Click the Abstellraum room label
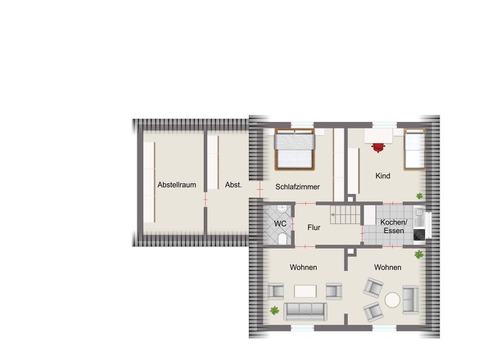pyautogui.click(x=177, y=185)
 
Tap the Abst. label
pyautogui.click(x=233, y=185)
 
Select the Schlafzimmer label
pyautogui.click(x=297, y=187)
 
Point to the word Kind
pyautogui.click(x=382, y=176)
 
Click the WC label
pyautogui.click(x=280, y=223)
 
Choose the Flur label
pyautogui.click(x=314, y=227)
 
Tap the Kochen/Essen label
pyautogui.click(x=394, y=227)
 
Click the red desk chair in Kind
pyautogui.click(x=378, y=147)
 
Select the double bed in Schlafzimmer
pyautogui.click(x=295, y=150)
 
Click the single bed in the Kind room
pyautogui.click(x=414, y=150)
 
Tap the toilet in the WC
pyautogui.click(x=282, y=238)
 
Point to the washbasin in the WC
pyautogui.click(x=282, y=209)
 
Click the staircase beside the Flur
pyautogui.click(x=345, y=214)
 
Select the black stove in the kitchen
pyautogui.click(x=419, y=235)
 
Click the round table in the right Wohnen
pyautogui.click(x=392, y=299)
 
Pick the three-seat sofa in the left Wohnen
pyautogui.click(x=305, y=312)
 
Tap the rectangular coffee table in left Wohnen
pyautogui.click(x=305, y=291)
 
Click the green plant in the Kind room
pyautogui.click(x=419, y=196)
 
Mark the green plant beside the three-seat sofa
pyautogui.click(x=274, y=310)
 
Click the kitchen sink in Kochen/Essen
pyautogui.click(x=419, y=213)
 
